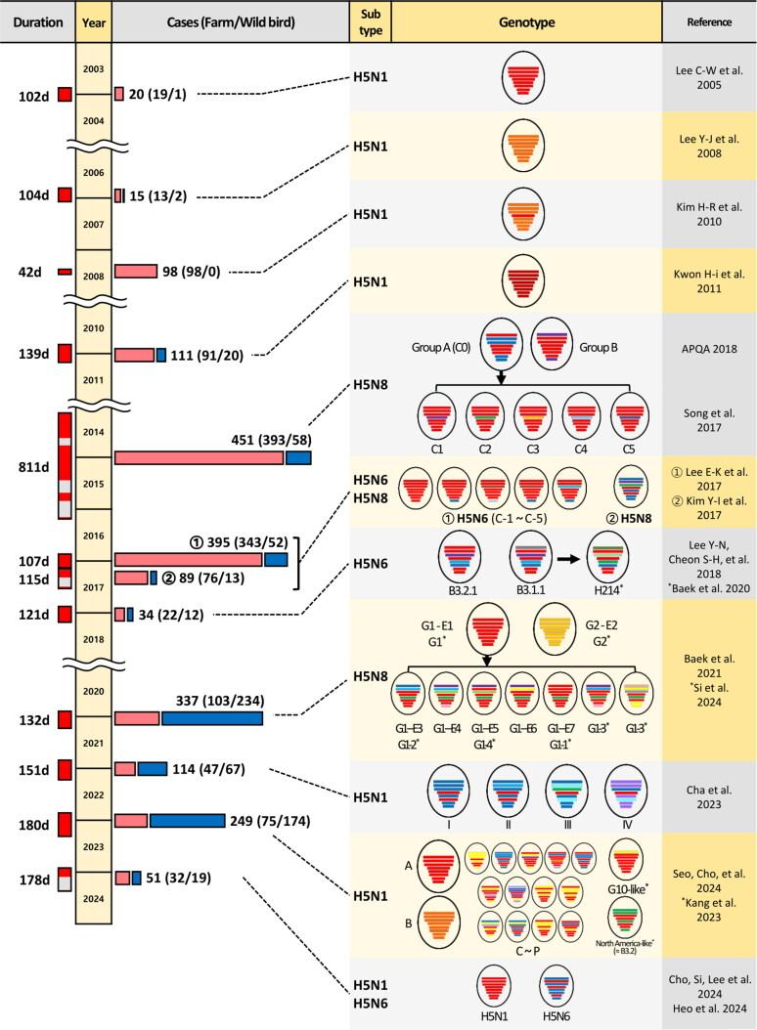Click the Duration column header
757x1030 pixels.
tap(35, 21)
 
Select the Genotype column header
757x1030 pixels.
tap(526, 21)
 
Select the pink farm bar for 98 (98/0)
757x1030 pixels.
tap(135, 271)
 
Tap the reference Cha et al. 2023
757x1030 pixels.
tap(709, 789)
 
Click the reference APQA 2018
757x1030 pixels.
tap(709, 345)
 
